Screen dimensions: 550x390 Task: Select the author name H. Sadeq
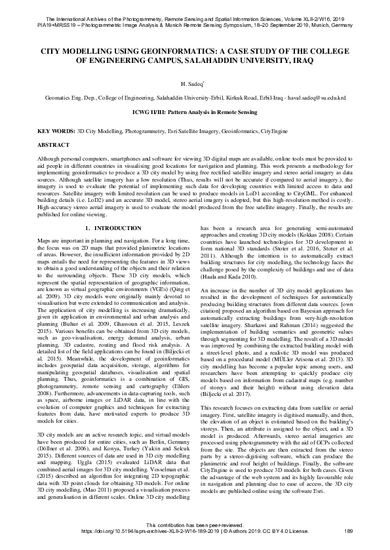pos(194,83)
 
